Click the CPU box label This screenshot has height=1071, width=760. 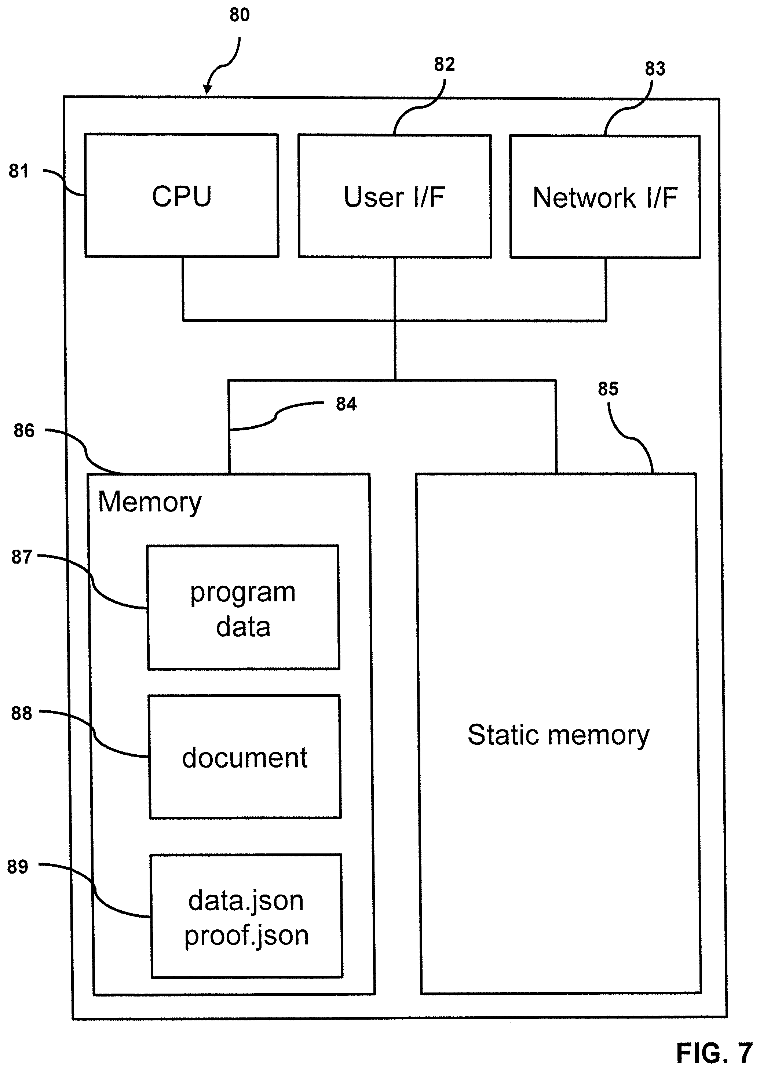[x=182, y=196]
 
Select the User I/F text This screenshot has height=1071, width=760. [x=394, y=197]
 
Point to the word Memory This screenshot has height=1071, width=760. [x=150, y=503]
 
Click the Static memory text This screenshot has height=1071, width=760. [x=558, y=735]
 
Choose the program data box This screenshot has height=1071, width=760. [x=243, y=608]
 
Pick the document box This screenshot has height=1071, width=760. [x=245, y=757]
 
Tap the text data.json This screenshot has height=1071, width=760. [x=246, y=901]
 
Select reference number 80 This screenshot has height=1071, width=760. [x=240, y=15]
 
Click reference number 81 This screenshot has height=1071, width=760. [x=19, y=171]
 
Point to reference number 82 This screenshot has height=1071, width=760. [x=445, y=65]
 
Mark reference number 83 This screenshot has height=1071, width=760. [x=655, y=69]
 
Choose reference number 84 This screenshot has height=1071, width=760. [x=346, y=404]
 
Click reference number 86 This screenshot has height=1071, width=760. [x=24, y=431]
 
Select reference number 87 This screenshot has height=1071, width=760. [x=22, y=557]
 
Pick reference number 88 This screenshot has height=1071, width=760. [x=22, y=713]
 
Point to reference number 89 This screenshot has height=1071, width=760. [x=18, y=867]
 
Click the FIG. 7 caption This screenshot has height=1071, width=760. [x=714, y=1053]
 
